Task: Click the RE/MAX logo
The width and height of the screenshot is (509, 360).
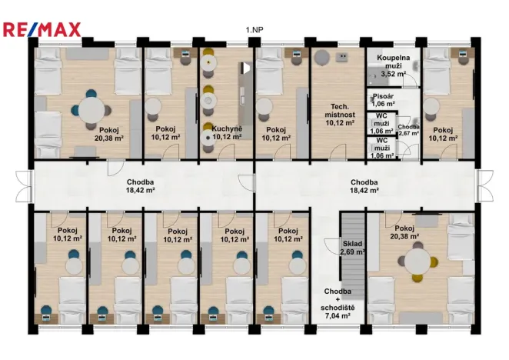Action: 42,29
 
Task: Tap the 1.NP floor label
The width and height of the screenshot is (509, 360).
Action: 254,30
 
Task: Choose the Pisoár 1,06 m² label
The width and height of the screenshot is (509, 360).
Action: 384,100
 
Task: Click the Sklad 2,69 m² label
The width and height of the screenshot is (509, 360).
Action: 352,248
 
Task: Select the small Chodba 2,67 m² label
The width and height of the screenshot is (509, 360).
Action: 409,130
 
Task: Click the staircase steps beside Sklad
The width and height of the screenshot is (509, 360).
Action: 353,255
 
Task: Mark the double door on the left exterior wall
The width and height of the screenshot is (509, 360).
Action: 25,186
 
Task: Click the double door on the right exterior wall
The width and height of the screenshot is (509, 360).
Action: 485,186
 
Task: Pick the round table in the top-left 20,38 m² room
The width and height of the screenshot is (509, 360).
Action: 91,111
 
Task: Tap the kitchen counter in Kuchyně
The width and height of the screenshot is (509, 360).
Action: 245,101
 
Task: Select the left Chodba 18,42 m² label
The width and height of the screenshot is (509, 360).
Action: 140,186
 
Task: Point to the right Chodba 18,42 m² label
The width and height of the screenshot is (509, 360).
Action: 364,186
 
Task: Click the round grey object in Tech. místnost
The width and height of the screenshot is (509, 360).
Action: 322,58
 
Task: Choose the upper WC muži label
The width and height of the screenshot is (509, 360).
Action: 381,124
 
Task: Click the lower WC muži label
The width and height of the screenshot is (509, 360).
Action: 382,148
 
